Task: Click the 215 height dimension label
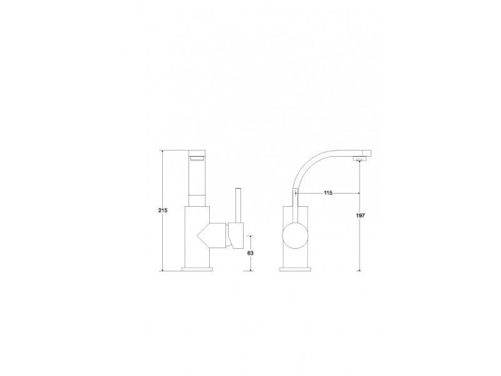[163, 211]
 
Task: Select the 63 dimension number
[250, 253]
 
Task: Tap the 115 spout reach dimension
[328, 193]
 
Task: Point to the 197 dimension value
[360, 216]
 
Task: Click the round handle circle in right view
[295, 236]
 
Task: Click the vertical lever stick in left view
[238, 206]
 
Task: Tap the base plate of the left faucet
[197, 269]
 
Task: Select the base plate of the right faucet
[295, 269]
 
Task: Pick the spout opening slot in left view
[197, 159]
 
